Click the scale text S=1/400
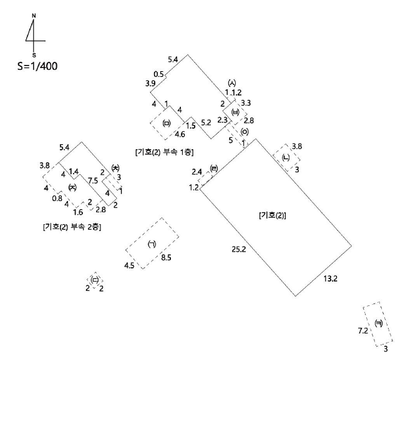click(37, 66)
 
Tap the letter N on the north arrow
click(34, 16)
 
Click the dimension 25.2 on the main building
click(239, 249)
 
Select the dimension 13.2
click(330, 278)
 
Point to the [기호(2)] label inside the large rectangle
click(273, 215)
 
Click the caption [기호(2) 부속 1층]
click(164, 152)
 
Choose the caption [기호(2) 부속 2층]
click(72, 227)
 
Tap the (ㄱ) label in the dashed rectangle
click(152, 245)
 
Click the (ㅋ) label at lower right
click(379, 323)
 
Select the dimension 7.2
click(363, 331)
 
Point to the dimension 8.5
click(166, 257)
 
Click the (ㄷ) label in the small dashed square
click(95, 280)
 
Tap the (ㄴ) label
click(286, 157)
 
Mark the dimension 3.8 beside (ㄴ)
click(297, 146)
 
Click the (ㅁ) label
click(166, 123)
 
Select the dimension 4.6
click(180, 134)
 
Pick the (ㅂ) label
click(235, 112)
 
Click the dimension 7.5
click(93, 180)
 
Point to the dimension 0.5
click(158, 74)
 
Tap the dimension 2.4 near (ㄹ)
click(197, 172)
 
